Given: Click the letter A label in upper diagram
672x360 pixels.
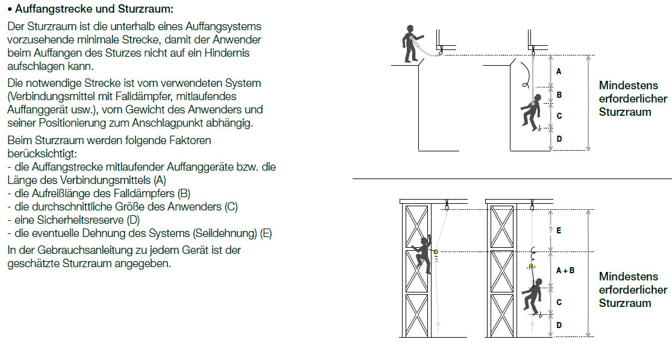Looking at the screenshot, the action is coord(559,71).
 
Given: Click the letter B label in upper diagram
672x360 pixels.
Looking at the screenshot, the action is coord(559,95).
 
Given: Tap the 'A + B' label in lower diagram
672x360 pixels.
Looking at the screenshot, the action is coord(565,270).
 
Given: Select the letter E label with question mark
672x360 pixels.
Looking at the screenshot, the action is coord(555,230).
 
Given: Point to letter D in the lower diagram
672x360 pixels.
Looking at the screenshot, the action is coord(559,325).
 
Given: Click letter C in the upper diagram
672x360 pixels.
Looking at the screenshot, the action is coord(559,116).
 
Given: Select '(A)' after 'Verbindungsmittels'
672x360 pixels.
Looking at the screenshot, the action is coord(160,180).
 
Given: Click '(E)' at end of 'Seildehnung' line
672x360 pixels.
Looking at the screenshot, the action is coord(266,233).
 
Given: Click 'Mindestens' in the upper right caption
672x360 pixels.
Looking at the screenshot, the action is coord(628,85).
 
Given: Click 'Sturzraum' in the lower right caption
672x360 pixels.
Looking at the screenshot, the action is coord(625,303).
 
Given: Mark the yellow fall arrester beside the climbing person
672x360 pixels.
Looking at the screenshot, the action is coord(436,252).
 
